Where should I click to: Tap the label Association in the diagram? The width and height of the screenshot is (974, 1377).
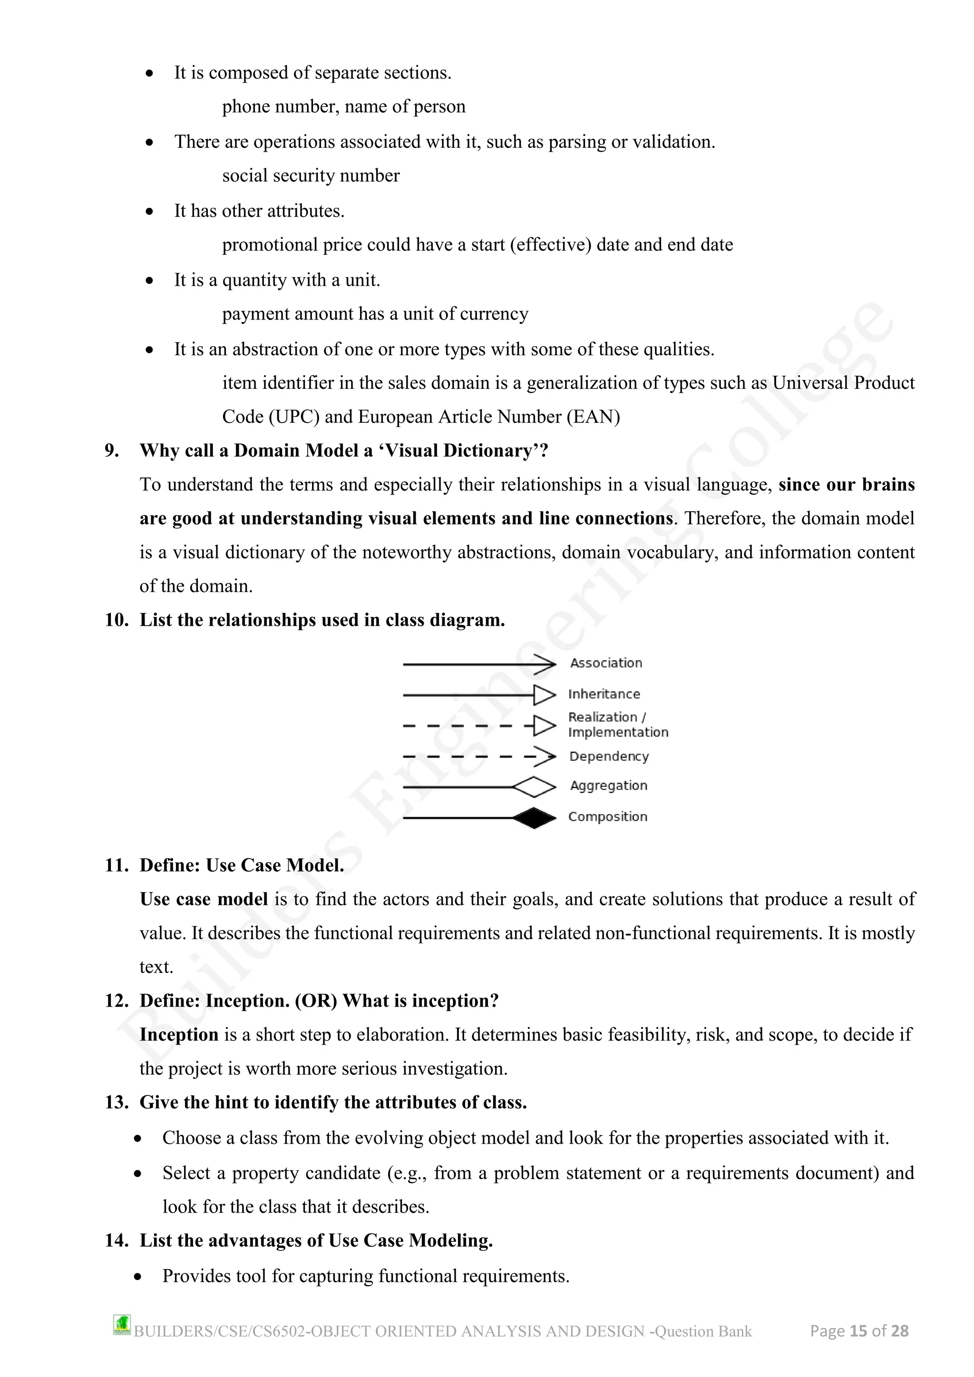[606, 663]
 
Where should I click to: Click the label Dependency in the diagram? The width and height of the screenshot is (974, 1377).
[609, 756]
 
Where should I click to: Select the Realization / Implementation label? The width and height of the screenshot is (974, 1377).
[617, 725]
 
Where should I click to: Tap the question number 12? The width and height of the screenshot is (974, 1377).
[117, 1001]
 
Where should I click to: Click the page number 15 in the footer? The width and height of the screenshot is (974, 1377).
[858, 1331]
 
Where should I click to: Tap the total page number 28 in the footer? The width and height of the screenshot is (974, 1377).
[900, 1331]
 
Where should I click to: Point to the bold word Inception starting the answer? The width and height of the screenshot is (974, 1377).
[179, 1035]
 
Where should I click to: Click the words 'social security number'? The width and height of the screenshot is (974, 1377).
[311, 176]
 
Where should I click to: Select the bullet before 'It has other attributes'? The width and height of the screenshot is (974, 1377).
[149, 212]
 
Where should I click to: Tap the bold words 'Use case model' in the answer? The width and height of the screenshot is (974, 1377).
[204, 899]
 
